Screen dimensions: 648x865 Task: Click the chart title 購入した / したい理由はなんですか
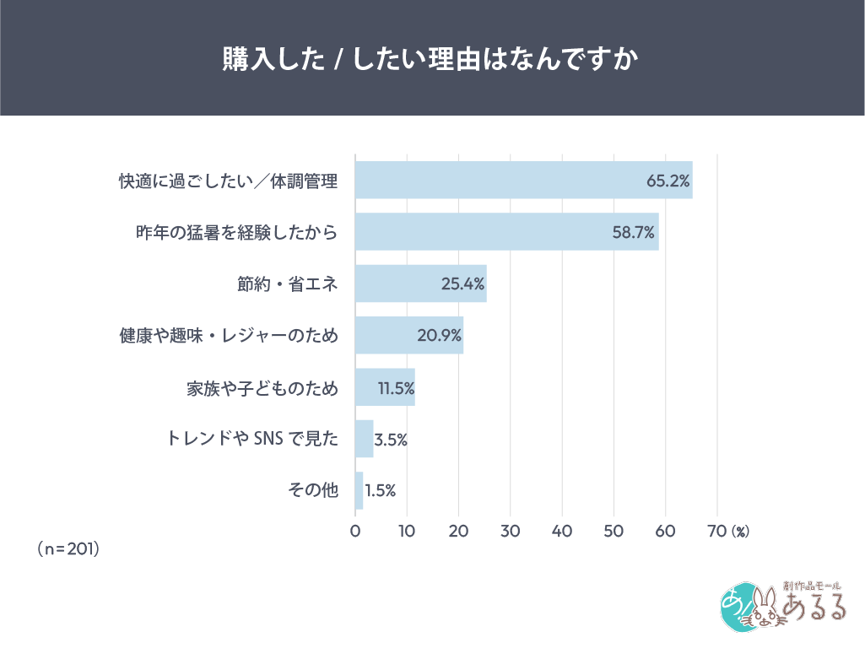point(431,58)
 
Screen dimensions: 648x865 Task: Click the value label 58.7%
point(634,232)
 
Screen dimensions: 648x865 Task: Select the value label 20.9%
point(439,336)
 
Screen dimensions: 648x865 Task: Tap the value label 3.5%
point(391,440)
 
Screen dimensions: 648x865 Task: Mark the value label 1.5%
point(380,491)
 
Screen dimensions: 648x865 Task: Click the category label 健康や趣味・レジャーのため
point(229,336)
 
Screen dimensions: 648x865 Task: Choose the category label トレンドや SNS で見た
point(251,439)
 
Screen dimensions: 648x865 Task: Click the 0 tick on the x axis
point(355,531)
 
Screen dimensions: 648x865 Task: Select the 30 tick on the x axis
point(510,531)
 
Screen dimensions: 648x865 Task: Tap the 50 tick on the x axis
point(614,531)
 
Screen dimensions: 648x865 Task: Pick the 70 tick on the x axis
point(716,531)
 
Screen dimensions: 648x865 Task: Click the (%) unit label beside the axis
point(740,532)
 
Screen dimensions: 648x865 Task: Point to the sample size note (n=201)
point(68,548)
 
